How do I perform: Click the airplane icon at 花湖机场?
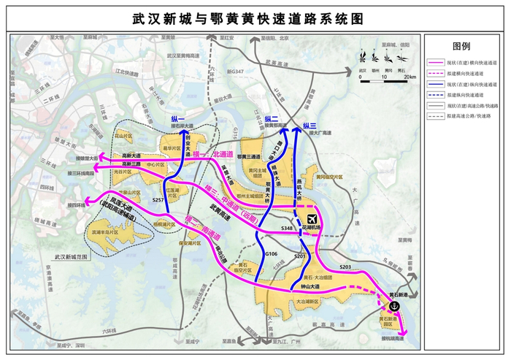click(x=312, y=218)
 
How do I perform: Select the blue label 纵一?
click(x=178, y=119)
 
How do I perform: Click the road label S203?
click(x=346, y=267)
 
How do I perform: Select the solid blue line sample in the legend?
click(x=438, y=85)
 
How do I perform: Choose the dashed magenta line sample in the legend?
click(x=438, y=74)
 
